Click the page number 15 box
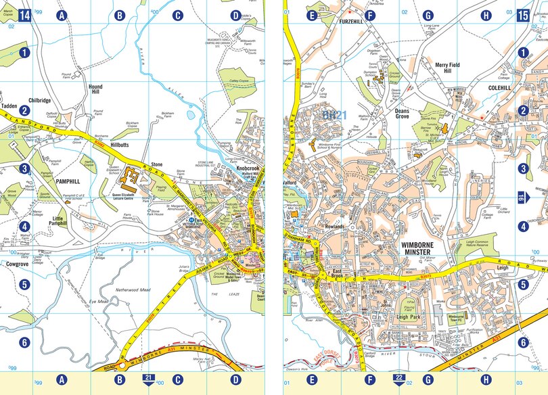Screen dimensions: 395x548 (x=522, y=14)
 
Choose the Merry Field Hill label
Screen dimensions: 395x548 (x=447, y=68)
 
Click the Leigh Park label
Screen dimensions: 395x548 (x=408, y=317)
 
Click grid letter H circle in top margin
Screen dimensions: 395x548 (x=485, y=15)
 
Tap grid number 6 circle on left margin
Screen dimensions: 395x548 (x=24, y=342)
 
